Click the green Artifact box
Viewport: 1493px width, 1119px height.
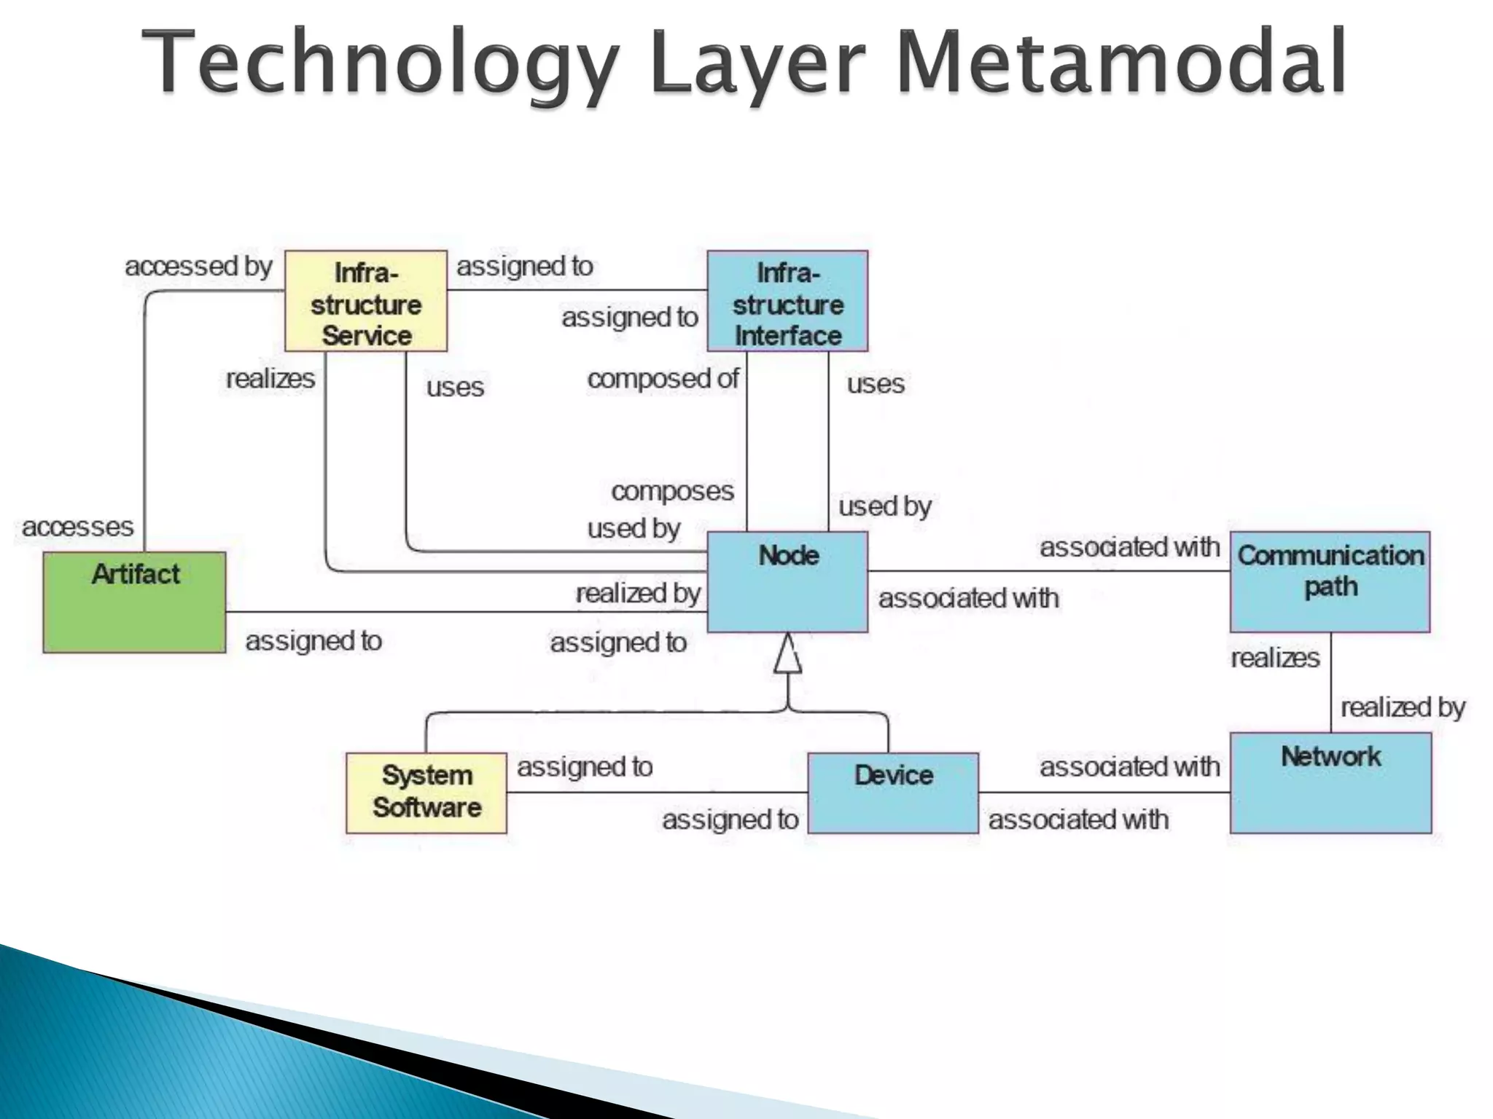tap(135, 602)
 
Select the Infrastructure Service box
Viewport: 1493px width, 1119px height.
tap(365, 302)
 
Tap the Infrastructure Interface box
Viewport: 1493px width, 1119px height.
tap(787, 302)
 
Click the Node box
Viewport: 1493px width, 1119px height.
tap(787, 581)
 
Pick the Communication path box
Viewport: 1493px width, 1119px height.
tap(1330, 581)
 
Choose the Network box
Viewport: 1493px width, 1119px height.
tap(1330, 782)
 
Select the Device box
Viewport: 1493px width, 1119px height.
tap(893, 793)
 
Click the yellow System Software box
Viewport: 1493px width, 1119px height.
tap(426, 793)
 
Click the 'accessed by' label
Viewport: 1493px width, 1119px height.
tap(198, 266)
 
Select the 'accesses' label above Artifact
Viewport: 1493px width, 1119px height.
tap(78, 526)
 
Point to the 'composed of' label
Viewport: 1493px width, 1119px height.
tap(663, 379)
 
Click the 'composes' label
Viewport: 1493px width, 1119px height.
tap(672, 491)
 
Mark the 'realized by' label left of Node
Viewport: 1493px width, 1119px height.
tap(638, 594)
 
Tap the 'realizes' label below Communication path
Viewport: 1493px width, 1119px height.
tap(1275, 658)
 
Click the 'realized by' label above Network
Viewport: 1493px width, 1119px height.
tap(1403, 707)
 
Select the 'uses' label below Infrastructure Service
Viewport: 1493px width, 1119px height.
tap(455, 387)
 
